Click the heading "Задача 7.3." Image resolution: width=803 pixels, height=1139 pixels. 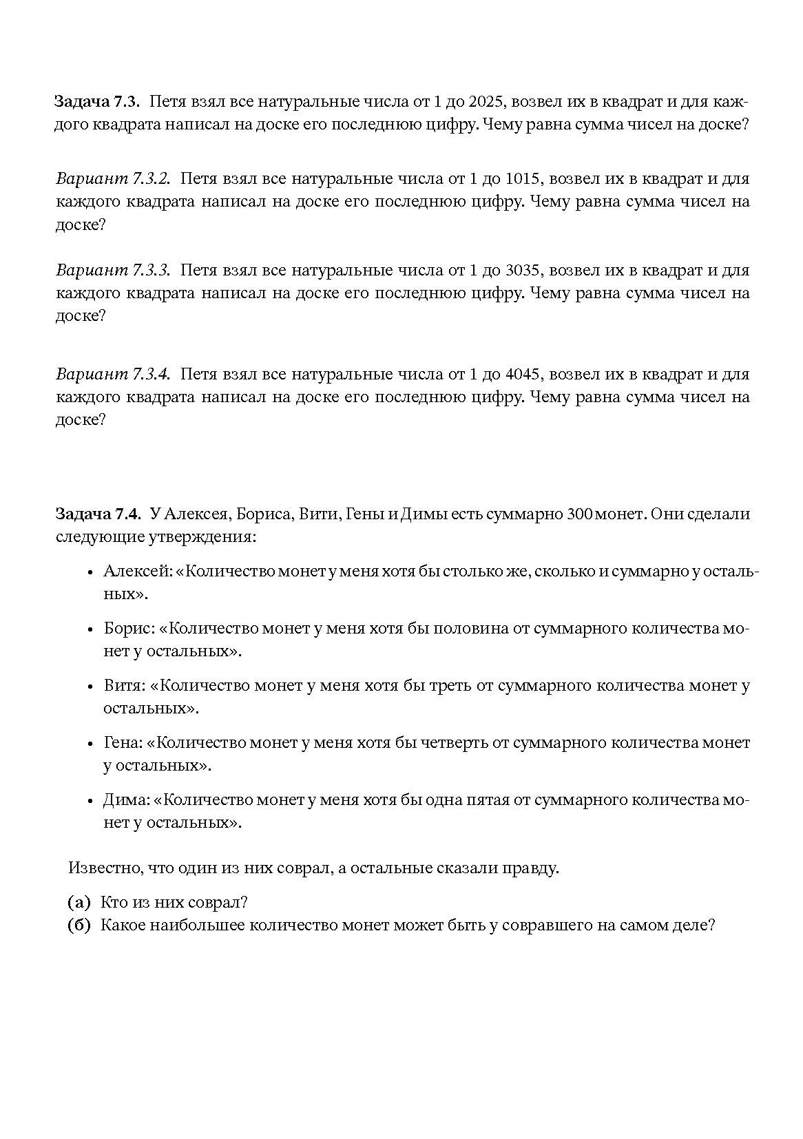[x=97, y=103]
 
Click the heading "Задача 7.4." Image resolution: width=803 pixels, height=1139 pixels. [x=98, y=514]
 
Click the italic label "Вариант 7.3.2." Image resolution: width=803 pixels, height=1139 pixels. [x=113, y=179]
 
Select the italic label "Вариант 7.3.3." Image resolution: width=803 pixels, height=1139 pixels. [x=113, y=271]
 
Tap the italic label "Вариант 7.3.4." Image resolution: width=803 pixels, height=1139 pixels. [x=113, y=375]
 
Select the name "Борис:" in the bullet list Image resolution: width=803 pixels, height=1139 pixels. [x=129, y=629]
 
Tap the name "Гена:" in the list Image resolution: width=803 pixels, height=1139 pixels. [x=123, y=743]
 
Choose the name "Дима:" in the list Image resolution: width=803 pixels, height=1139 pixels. [x=127, y=800]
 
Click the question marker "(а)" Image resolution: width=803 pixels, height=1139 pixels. [x=79, y=903]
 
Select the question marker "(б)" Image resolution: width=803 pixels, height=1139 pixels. [x=79, y=926]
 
